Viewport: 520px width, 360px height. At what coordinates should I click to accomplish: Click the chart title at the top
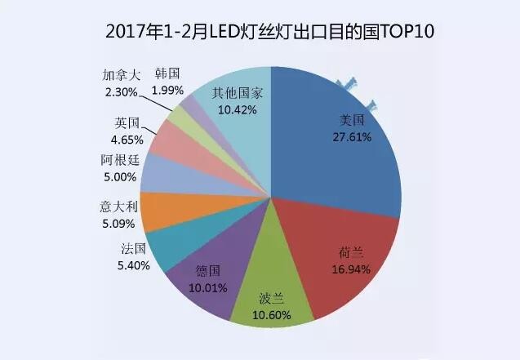point(269,32)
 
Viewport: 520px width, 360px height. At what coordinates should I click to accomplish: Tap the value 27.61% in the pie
point(355,137)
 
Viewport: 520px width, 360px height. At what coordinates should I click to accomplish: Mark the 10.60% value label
point(273,313)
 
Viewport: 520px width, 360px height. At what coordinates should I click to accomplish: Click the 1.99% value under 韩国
point(168,90)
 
